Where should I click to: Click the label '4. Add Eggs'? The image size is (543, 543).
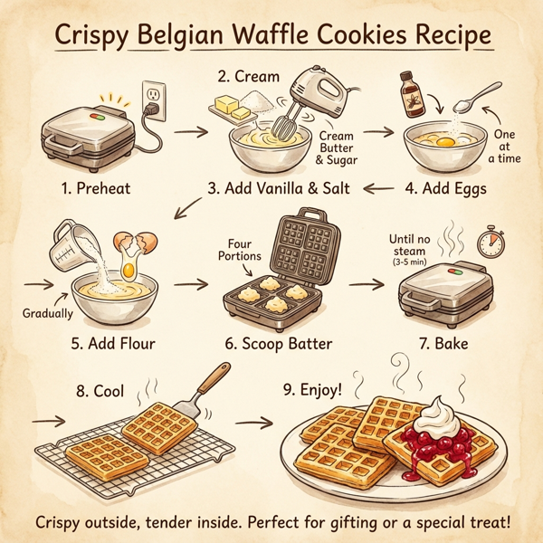pos(445,191)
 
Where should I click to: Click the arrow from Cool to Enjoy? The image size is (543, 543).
pos(259,422)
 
